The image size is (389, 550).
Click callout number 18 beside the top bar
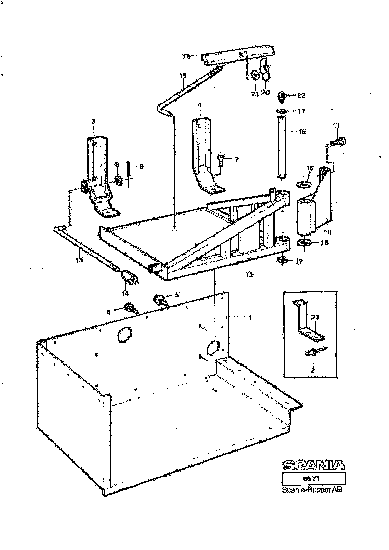click(187, 57)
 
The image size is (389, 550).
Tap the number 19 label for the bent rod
click(183, 75)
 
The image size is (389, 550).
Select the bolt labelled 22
click(285, 95)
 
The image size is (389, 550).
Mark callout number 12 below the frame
click(248, 275)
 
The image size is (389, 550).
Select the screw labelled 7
click(221, 160)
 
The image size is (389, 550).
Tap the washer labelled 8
click(120, 180)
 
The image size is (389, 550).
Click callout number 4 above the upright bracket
click(199, 105)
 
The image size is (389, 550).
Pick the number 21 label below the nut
click(254, 93)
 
